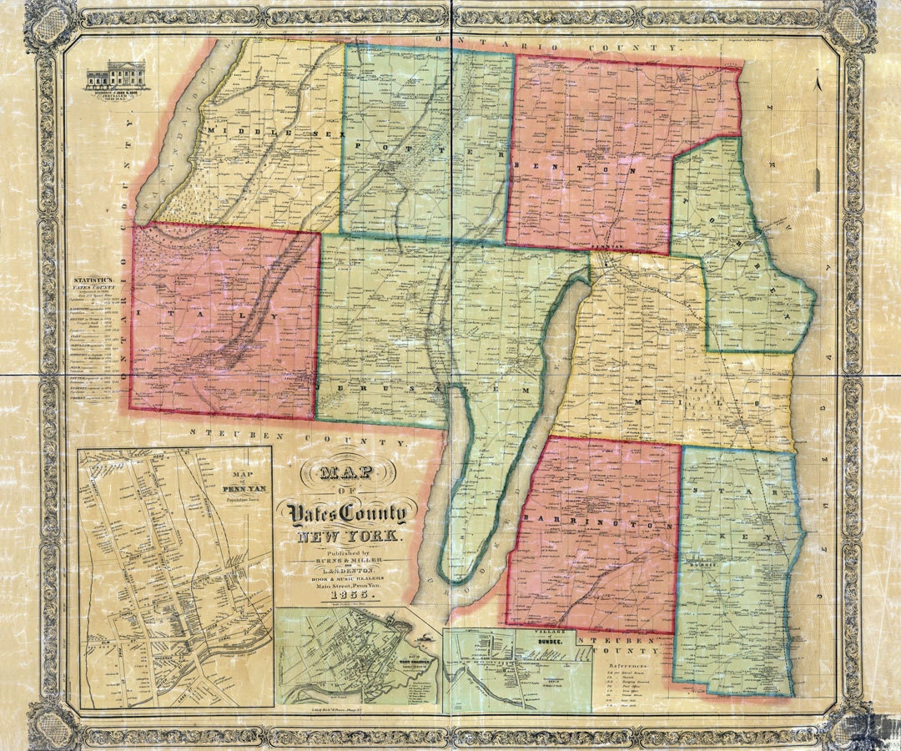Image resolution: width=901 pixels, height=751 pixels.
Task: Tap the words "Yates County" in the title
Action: click(x=346, y=513)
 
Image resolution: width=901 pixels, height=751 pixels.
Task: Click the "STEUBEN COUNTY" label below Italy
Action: click(x=300, y=435)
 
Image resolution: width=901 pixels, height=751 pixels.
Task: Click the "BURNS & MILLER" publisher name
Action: click(x=345, y=562)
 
